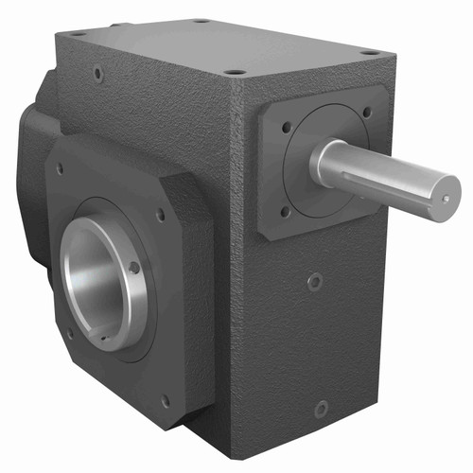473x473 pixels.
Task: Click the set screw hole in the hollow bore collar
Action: [135, 268]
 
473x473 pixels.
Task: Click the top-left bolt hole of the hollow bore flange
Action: [61, 169]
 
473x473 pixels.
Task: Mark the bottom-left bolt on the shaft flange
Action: [285, 212]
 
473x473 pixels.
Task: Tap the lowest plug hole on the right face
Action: [322, 409]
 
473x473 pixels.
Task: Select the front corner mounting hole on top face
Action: [236, 71]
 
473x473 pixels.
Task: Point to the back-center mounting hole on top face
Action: [202, 20]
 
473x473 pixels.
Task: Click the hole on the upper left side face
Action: [98, 72]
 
